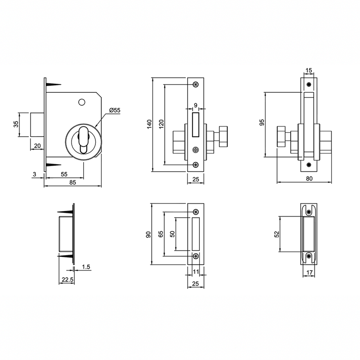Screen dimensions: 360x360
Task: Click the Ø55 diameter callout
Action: [x=114, y=110]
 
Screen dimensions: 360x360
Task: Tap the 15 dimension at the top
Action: [x=309, y=70]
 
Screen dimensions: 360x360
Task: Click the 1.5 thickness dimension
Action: [x=86, y=267]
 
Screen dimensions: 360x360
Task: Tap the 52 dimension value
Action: [x=277, y=234]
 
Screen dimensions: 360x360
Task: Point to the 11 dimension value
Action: [x=196, y=271]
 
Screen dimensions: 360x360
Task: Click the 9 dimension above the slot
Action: [x=195, y=105]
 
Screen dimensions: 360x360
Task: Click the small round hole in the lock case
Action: [x=81, y=102]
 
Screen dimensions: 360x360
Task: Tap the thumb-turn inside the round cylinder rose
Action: [x=84, y=140]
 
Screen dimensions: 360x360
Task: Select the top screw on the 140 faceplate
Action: [x=195, y=85]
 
